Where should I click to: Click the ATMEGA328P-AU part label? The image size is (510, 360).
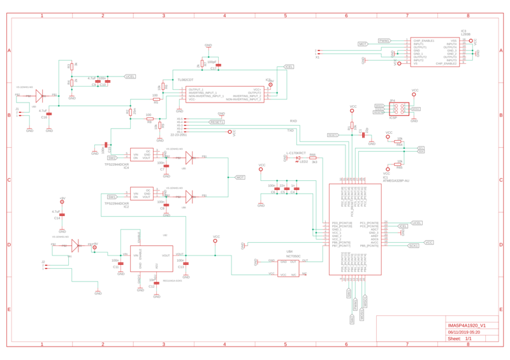coord(395,180)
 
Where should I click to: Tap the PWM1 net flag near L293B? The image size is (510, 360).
coord(384,41)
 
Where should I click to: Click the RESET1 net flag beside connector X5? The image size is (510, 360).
coord(217,122)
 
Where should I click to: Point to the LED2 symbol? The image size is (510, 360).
coord(297,158)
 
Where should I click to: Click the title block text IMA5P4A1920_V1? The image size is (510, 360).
coord(467,325)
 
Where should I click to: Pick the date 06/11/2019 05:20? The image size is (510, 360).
coord(463,332)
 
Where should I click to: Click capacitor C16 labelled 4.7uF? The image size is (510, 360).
coord(50,113)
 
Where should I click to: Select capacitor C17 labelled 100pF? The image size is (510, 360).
coord(217,65)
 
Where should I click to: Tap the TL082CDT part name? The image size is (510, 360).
coord(186,80)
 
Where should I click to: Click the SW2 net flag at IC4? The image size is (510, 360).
coord(112,157)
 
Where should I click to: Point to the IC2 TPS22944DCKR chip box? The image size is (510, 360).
coord(141,194)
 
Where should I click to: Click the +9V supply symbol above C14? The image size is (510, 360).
coord(62,201)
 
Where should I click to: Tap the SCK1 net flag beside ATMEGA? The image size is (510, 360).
coord(413,246)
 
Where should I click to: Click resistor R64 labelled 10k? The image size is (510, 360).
coord(399,141)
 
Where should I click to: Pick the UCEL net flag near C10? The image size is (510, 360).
coord(130,76)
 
